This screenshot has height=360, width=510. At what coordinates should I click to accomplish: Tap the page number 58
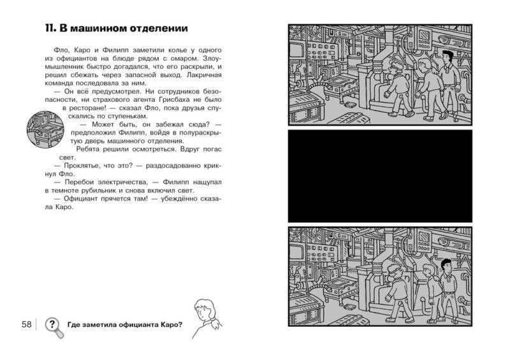click(x=26, y=325)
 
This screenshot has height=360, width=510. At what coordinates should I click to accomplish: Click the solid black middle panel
click(x=380, y=175)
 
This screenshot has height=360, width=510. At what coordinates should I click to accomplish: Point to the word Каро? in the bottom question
click(x=170, y=325)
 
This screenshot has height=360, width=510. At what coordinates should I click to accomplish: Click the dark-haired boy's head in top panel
click(x=447, y=57)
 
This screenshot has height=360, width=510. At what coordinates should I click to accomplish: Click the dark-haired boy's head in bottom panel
click(x=446, y=264)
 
